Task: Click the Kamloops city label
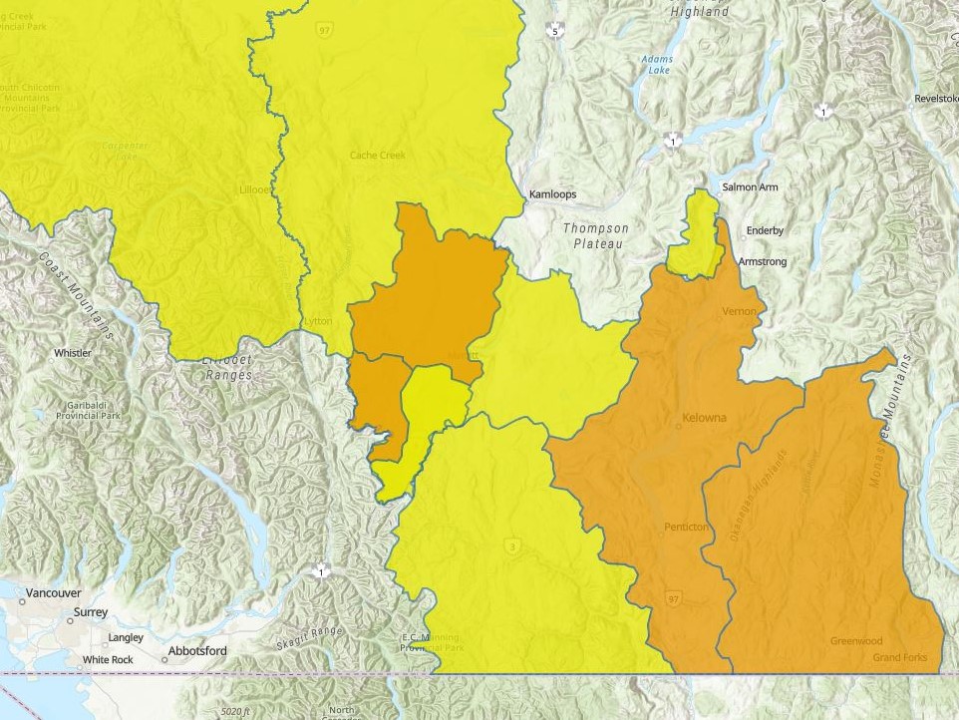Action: (x=552, y=194)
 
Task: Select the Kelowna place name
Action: (x=705, y=417)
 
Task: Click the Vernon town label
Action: (x=740, y=312)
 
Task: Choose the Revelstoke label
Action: (x=936, y=99)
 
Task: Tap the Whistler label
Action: (x=72, y=353)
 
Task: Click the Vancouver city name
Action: (x=53, y=592)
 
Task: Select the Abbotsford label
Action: (x=197, y=651)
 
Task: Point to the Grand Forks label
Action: (x=900, y=658)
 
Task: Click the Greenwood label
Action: (x=856, y=641)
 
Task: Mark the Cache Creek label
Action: (x=378, y=156)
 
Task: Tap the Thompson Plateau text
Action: (x=596, y=235)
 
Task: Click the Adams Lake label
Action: (x=656, y=66)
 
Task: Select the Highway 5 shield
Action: (x=555, y=33)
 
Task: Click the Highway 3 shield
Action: (x=513, y=546)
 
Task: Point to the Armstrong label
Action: (x=763, y=262)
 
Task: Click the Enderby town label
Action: (x=765, y=231)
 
